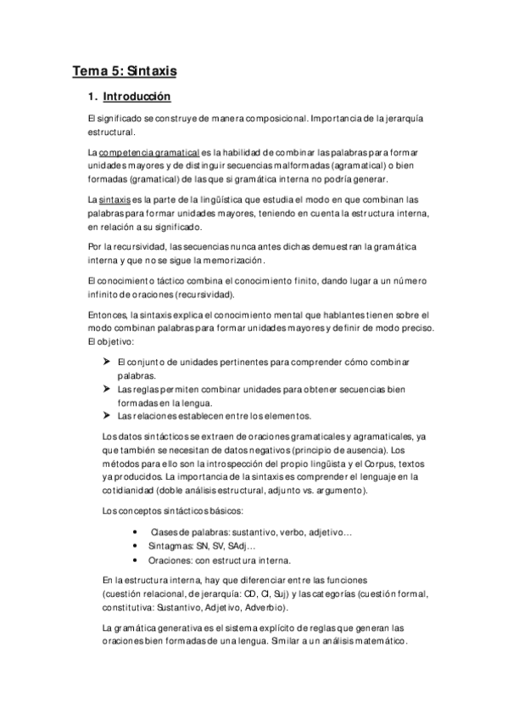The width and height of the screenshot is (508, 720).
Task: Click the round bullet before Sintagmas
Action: coord(137,546)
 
